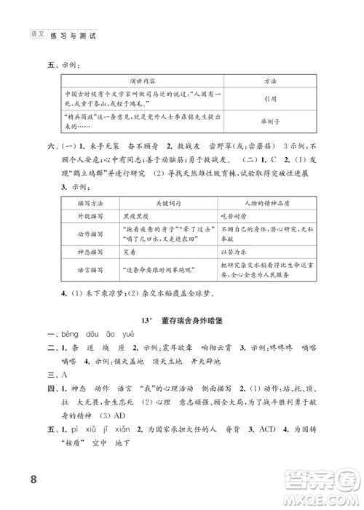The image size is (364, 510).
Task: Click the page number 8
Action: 32,479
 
